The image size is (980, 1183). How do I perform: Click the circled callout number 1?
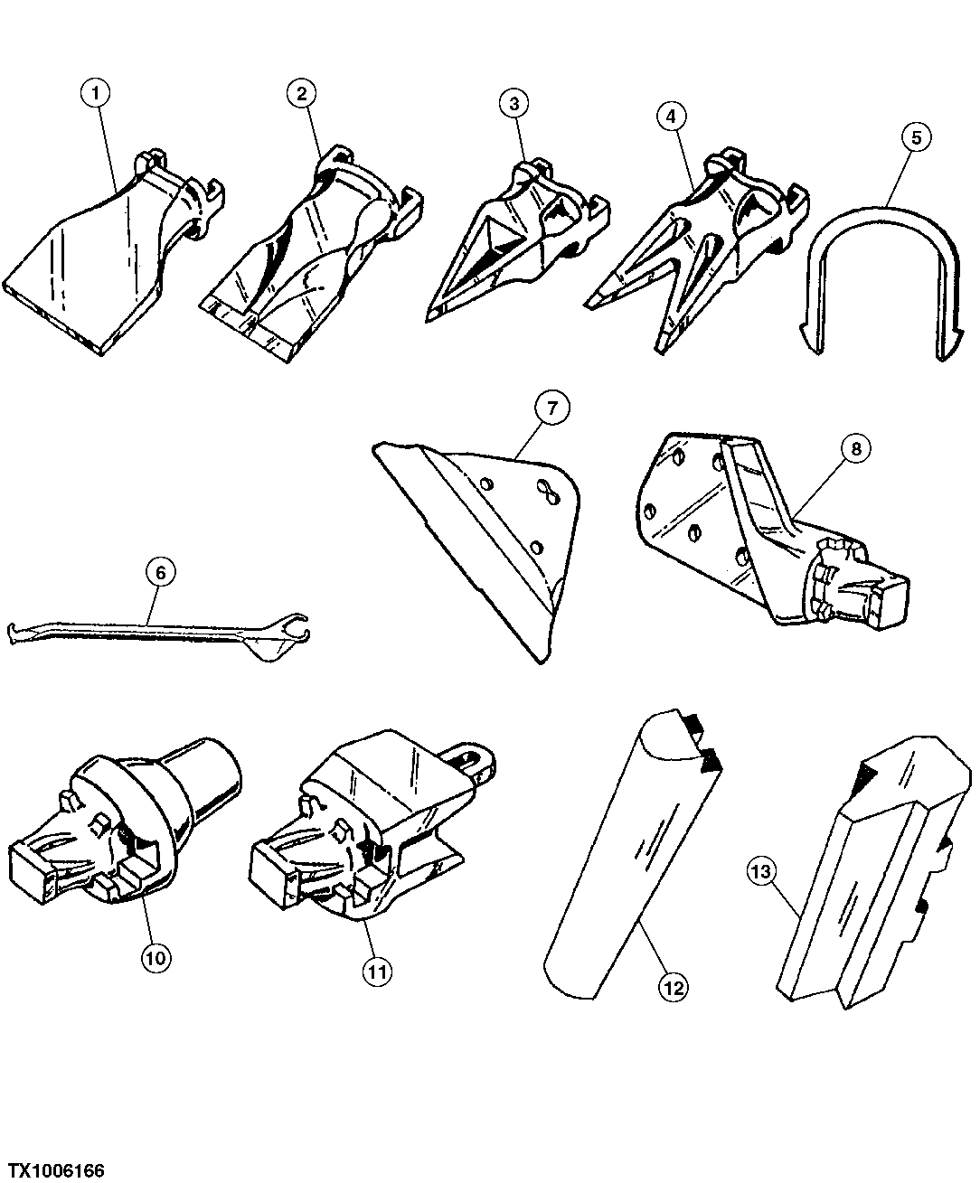[x=95, y=92]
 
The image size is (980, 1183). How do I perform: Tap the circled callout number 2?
[x=300, y=92]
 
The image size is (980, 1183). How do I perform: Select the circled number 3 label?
[x=514, y=103]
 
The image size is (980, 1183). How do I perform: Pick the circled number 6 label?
[x=161, y=572]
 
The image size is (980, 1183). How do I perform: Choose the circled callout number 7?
[x=552, y=408]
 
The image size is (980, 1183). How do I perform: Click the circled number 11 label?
[x=377, y=972]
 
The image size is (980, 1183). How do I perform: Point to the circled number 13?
[x=762, y=871]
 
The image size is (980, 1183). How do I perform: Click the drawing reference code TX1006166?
[x=53, y=1170]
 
